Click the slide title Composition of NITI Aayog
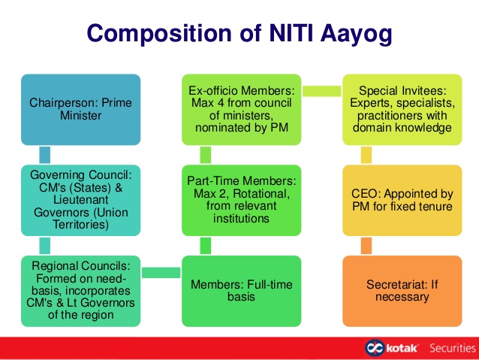[239, 34]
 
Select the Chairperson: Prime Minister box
[80, 110]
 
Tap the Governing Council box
[80, 201]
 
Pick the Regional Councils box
[80, 291]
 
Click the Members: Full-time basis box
[241, 291]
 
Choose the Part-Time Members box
[241, 201]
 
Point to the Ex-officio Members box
[241, 110]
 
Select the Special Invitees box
[402, 110]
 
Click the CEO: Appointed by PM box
[402, 201]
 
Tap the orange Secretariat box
[402, 291]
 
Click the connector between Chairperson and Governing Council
[45, 155]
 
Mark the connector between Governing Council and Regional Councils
[45, 246]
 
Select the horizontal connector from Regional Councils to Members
[161, 273]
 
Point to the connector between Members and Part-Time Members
[206, 246]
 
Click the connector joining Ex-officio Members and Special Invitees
[321, 91]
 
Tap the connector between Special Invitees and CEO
[366, 155]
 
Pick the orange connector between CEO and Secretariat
[366, 246]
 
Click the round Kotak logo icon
[374, 348]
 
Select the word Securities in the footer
[453, 348]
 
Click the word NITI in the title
[291, 33]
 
